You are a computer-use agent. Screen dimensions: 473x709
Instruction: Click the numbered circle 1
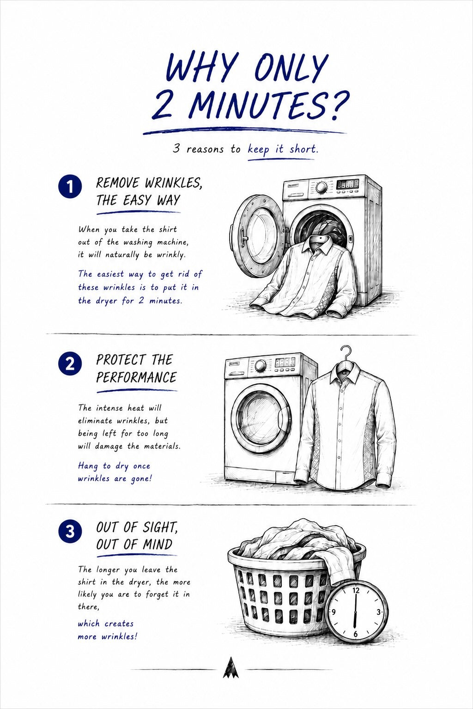pyautogui.click(x=70, y=188)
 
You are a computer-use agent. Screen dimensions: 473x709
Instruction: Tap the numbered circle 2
pyautogui.click(x=70, y=364)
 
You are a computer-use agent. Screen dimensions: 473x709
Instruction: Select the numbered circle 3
pyautogui.click(x=70, y=532)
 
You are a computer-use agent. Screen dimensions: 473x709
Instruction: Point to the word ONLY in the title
pyautogui.click(x=291, y=68)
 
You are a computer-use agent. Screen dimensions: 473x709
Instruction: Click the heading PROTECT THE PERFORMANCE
pyautogui.click(x=136, y=369)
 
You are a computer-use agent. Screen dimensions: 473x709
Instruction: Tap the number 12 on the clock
pyautogui.click(x=356, y=590)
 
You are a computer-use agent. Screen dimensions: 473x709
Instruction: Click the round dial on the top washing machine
pyautogui.click(x=321, y=187)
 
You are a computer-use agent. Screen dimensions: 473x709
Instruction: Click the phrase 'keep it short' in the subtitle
pyautogui.click(x=283, y=149)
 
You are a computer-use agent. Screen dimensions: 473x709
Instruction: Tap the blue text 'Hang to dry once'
pyautogui.click(x=114, y=466)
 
